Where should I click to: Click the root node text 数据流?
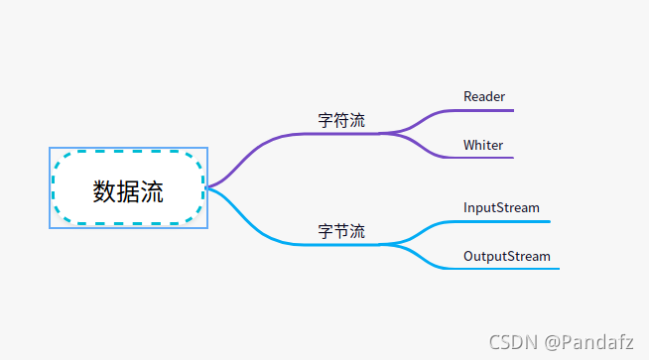coord(128,190)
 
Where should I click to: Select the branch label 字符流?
coord(341,121)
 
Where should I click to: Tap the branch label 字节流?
coord(341,232)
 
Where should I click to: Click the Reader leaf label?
coord(484,96)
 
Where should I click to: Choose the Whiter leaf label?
coord(483,145)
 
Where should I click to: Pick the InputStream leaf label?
coord(501,207)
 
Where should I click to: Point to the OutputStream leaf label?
coord(506,256)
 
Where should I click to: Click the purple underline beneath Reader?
coord(486,109)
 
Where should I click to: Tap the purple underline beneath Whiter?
coord(486,158)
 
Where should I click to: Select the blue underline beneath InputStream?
coord(506,221)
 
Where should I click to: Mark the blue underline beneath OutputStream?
coord(511,269)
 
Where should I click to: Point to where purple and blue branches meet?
coord(206,186)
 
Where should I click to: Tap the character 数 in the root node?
coord(104,190)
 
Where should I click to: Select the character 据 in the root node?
coord(128,190)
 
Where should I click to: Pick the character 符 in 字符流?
coord(341,121)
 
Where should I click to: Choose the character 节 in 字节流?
coord(341,232)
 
